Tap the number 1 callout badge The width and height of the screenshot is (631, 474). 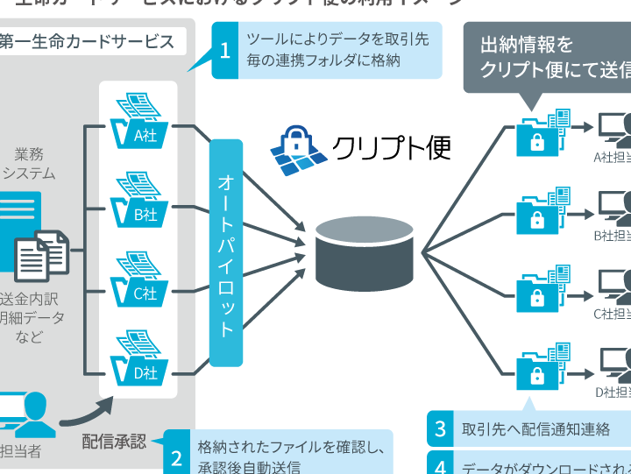coord(225,51)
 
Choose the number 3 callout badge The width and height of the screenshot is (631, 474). coord(441,429)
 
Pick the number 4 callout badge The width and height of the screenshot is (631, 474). coord(441,464)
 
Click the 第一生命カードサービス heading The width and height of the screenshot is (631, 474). coord(87,41)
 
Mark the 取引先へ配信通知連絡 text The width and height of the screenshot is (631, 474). coord(535,429)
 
